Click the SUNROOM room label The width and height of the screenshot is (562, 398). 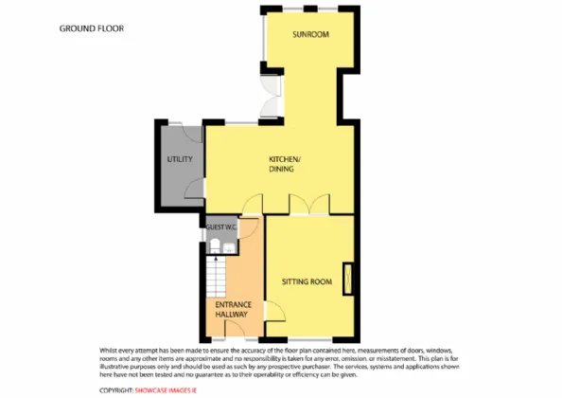tap(310, 34)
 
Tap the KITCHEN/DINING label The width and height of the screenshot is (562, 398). tap(283, 164)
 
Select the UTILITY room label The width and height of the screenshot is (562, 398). tap(180, 159)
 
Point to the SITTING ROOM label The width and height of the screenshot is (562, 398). tap(307, 281)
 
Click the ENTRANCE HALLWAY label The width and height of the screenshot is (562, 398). tap(234, 309)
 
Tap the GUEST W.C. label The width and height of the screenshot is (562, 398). tap(221, 227)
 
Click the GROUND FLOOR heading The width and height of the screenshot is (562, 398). tap(92, 28)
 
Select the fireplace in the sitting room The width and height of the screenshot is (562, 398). tap(347, 279)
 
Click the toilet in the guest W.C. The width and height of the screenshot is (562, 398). tap(215, 245)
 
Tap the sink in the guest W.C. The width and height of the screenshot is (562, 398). tap(229, 247)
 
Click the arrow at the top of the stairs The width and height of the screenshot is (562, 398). tap(216, 259)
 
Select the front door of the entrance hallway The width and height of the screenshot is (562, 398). tap(235, 329)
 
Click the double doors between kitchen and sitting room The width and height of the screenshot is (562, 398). tap(309, 204)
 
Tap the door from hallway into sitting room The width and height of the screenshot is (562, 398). tap(275, 311)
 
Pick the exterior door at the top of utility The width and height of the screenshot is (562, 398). tap(192, 134)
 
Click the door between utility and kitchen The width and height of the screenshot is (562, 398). tap(195, 188)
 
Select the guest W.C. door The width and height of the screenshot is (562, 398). tap(249, 227)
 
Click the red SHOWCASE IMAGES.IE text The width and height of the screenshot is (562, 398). tap(166, 390)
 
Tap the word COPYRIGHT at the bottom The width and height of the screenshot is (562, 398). tap(116, 390)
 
